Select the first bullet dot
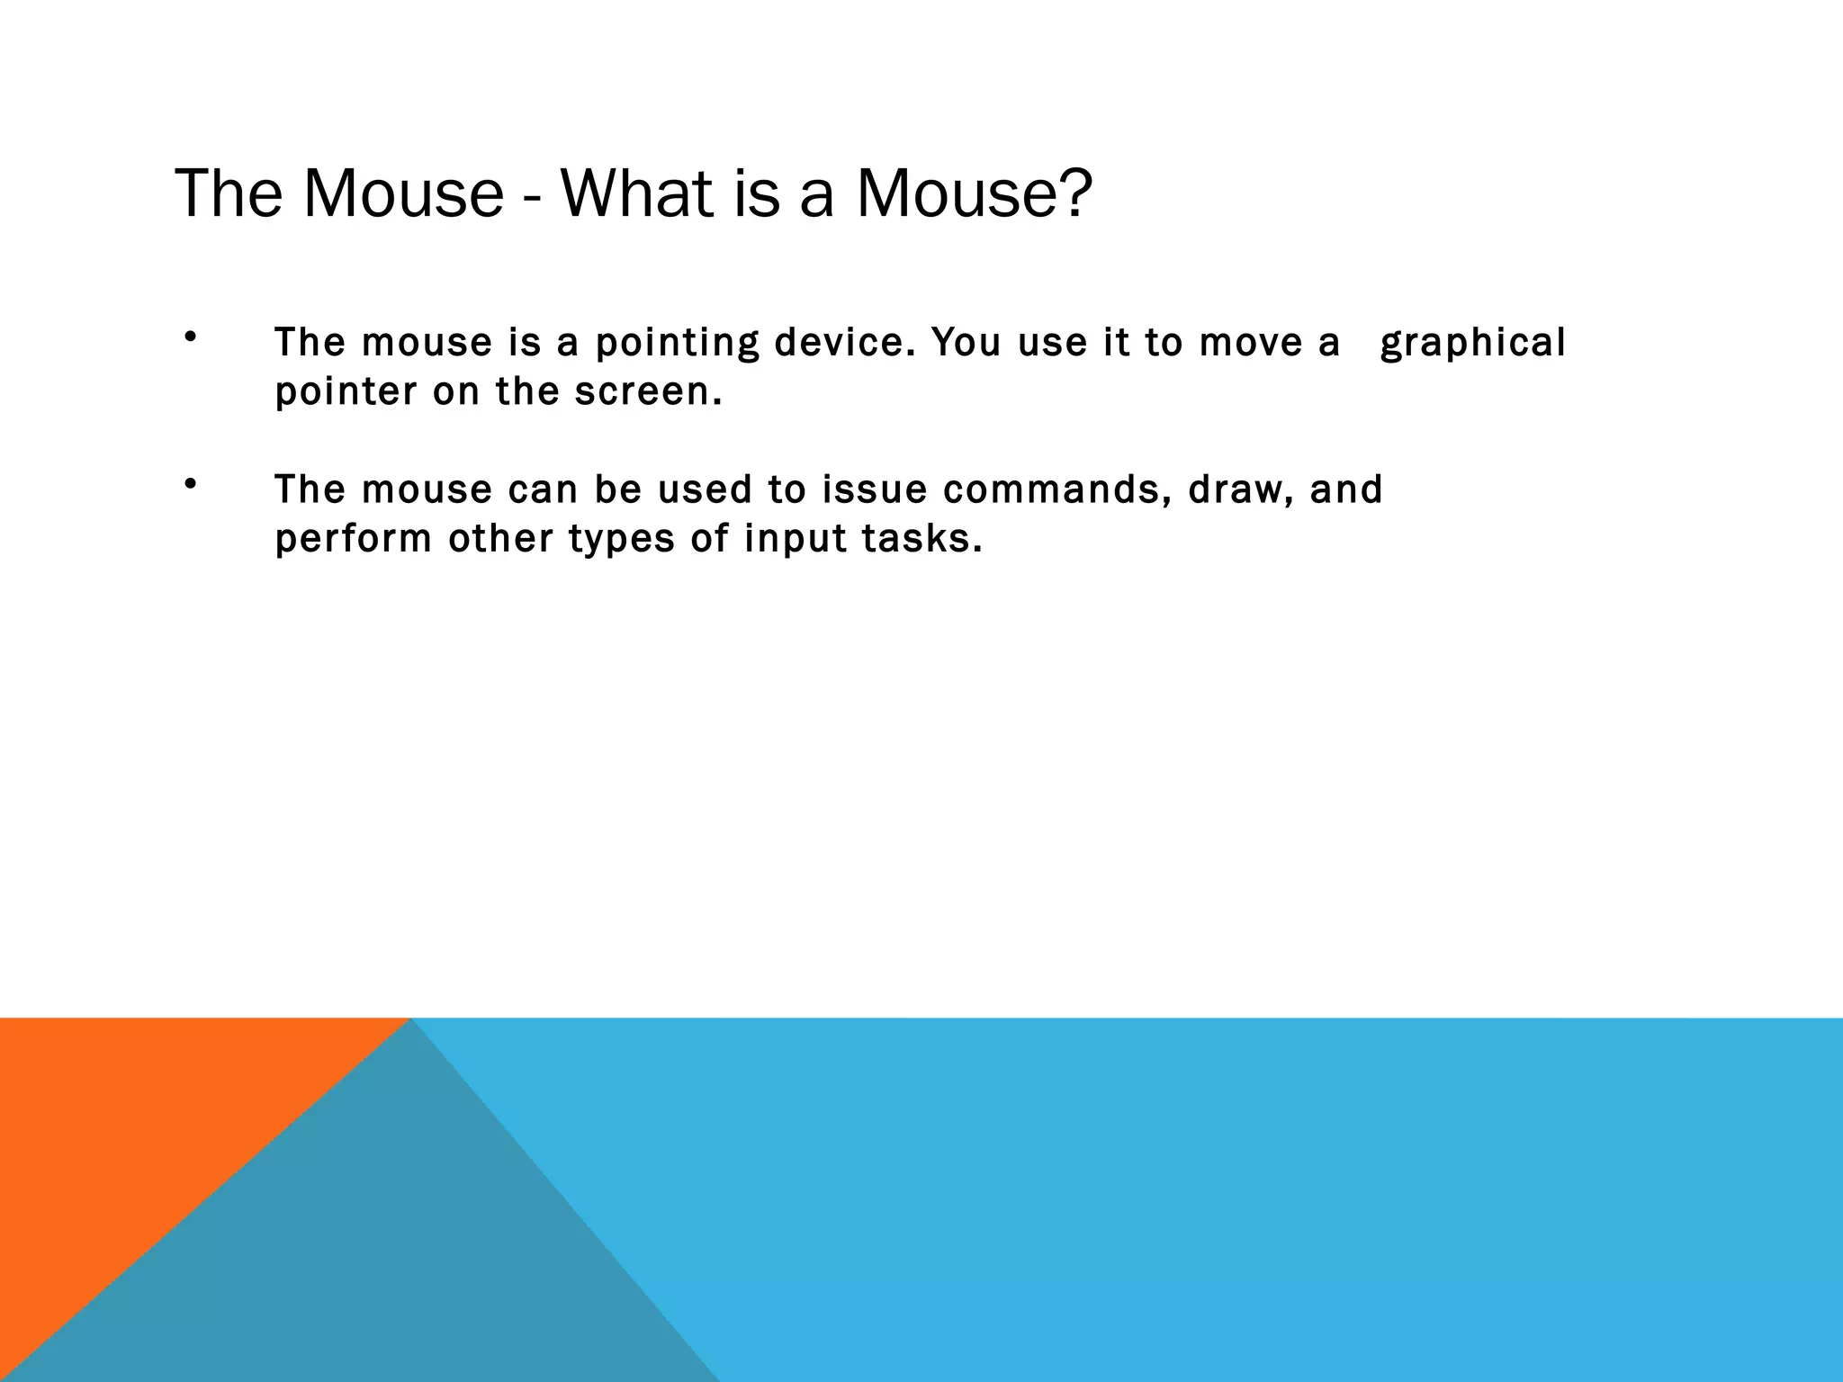tap(189, 338)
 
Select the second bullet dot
tap(189, 485)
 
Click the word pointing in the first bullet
tap(677, 344)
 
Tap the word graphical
tap(1472, 344)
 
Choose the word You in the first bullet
tap(966, 342)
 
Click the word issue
tap(874, 489)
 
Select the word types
tap(621, 540)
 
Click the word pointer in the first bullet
tap(346, 392)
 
